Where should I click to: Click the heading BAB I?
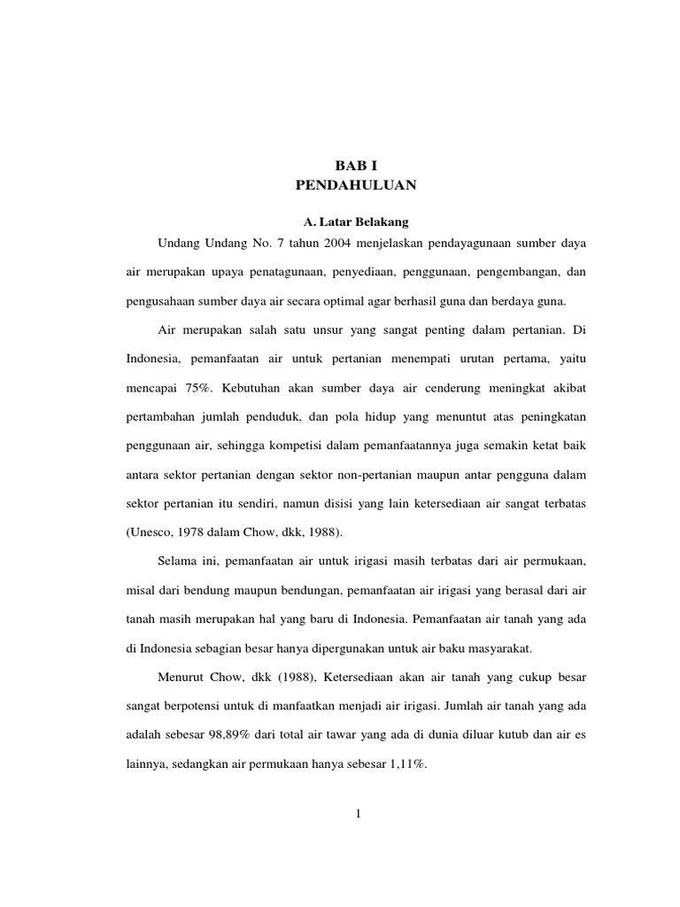click(353, 166)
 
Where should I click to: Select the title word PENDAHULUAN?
click(353, 185)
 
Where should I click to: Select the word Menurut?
click(183, 678)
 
